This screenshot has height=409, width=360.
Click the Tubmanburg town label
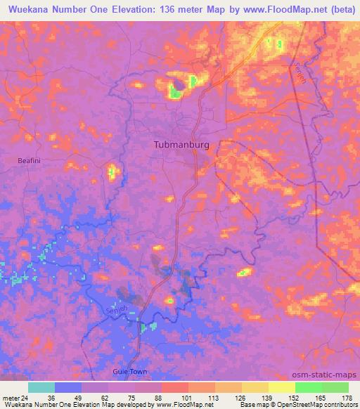[181, 144]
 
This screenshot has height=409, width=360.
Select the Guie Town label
[127, 370]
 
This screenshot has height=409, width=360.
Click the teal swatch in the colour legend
[41, 387]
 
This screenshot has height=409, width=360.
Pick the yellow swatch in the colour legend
[281, 387]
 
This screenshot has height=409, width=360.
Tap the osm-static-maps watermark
[331, 375]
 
